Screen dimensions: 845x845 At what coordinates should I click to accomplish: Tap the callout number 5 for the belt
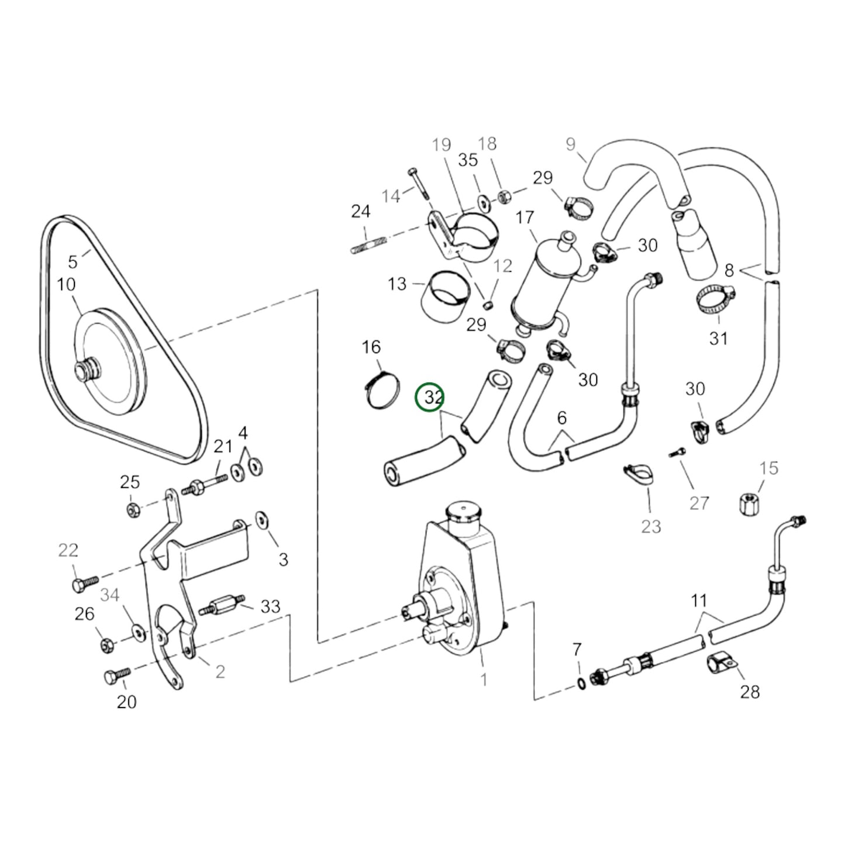point(73,261)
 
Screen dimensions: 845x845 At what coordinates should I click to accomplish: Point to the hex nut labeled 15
point(749,501)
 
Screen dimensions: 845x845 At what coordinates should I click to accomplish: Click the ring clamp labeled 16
point(381,389)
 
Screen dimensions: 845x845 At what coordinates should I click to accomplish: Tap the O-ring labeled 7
point(579,684)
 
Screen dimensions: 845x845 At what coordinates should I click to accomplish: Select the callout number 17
point(525,218)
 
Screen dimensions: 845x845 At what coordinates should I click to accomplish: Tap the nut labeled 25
point(133,509)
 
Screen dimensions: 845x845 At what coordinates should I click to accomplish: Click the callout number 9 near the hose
point(571,144)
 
